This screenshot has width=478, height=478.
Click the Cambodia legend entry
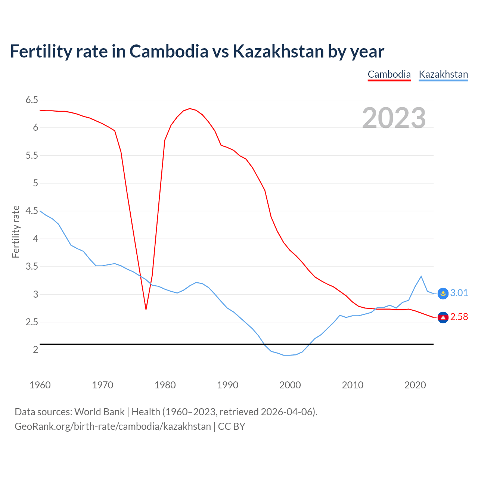pos(389,74)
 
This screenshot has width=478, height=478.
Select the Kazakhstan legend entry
pos(443,74)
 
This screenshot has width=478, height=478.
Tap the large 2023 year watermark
pos(394,118)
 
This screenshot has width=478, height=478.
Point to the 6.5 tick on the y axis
pos(32,100)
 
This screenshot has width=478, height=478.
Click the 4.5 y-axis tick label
pos(32,211)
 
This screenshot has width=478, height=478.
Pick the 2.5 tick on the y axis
pos(32,322)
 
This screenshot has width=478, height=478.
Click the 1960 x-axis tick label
pos(40,385)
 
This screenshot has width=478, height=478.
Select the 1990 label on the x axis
pos(227,385)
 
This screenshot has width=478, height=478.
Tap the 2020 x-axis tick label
pos(415,385)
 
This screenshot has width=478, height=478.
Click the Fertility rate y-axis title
pos(16,232)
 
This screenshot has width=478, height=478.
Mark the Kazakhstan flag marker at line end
pos(443,294)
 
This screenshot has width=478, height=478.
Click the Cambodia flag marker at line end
pos(443,317)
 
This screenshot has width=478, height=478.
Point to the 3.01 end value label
pos(459,293)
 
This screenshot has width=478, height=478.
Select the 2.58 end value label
pos(459,317)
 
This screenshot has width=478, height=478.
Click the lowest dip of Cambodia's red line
pos(146,309)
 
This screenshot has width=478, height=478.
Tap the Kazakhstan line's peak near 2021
pos(421,276)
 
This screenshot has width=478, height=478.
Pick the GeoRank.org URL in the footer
pos(113,426)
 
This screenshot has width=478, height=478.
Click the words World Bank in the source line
pos(99,412)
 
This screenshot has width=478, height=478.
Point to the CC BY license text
pos(232,426)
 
